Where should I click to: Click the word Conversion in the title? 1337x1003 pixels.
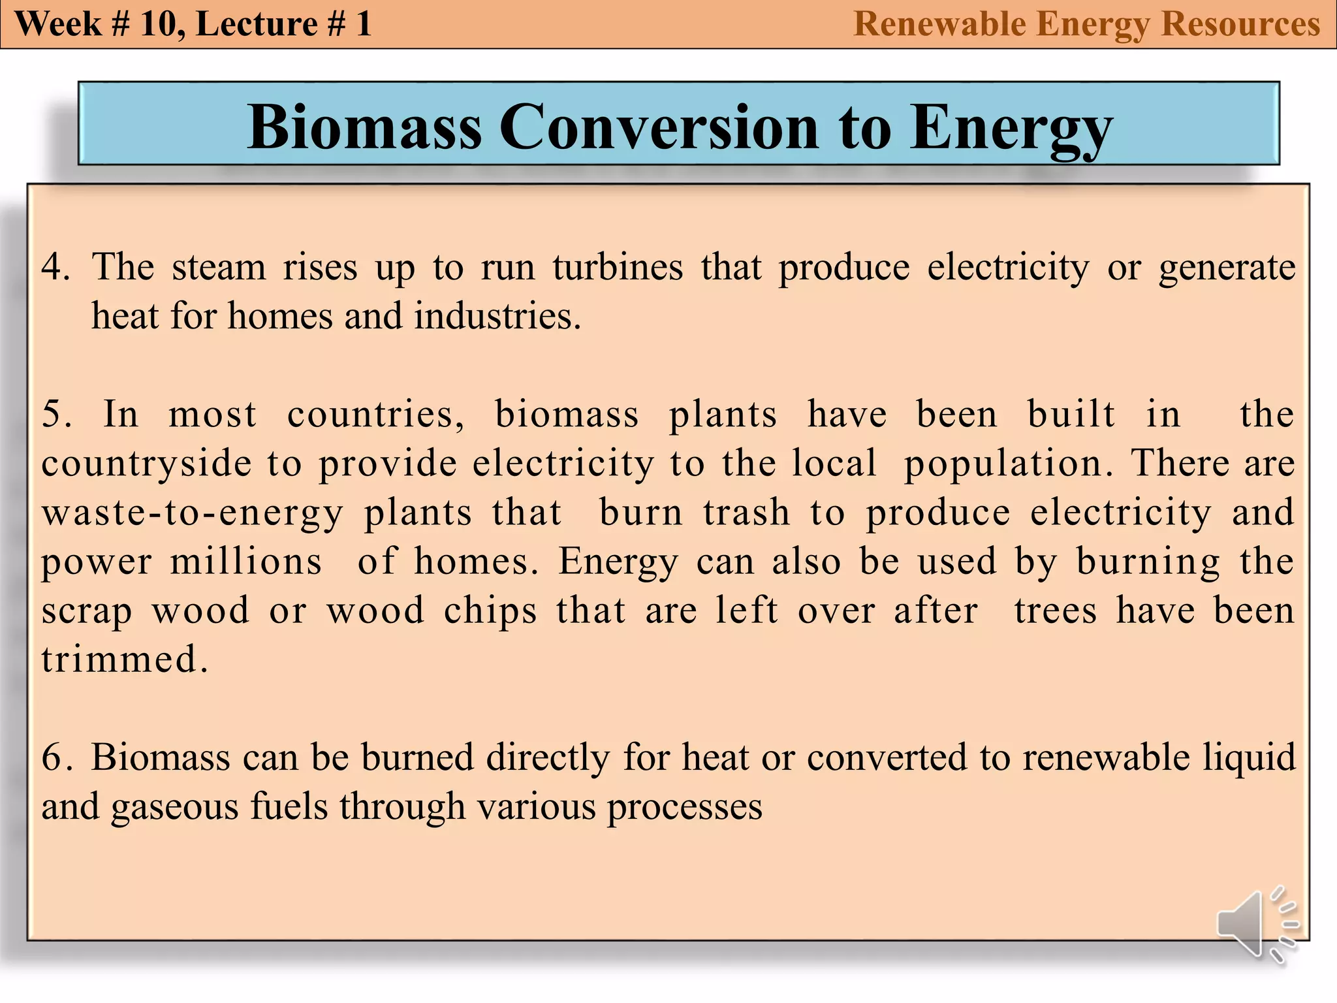659,127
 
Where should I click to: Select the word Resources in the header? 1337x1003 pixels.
1240,24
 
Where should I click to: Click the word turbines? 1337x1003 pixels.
618,267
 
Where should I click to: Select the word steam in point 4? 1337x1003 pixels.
219,267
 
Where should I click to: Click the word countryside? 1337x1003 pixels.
146,464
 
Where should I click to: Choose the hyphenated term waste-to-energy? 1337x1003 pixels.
192,513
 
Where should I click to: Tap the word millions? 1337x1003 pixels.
246,562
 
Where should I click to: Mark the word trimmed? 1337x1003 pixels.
124,659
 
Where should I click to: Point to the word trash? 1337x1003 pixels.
747,513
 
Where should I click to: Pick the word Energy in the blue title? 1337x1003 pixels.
1011,127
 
